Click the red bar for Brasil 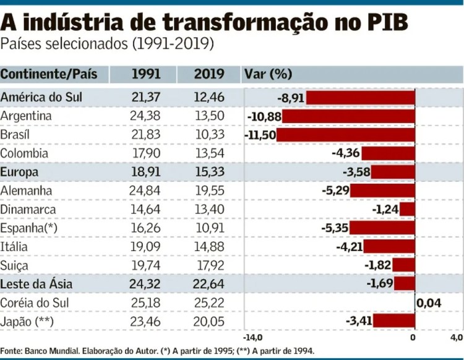tap(346, 135)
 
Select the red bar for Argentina tap(349, 116)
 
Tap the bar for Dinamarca tap(407, 210)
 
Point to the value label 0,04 tap(429, 303)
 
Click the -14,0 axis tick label tap(253, 338)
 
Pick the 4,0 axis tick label tap(456, 338)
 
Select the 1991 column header tap(146, 74)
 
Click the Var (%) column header tap(268, 74)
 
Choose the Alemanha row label tap(26, 191)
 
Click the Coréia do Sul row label tap(35, 303)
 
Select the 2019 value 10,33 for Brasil tap(209, 135)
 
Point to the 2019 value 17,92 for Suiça tap(209, 265)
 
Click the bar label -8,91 tap(290, 98)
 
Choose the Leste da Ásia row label tap(37, 285)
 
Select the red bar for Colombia tap(388, 153)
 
